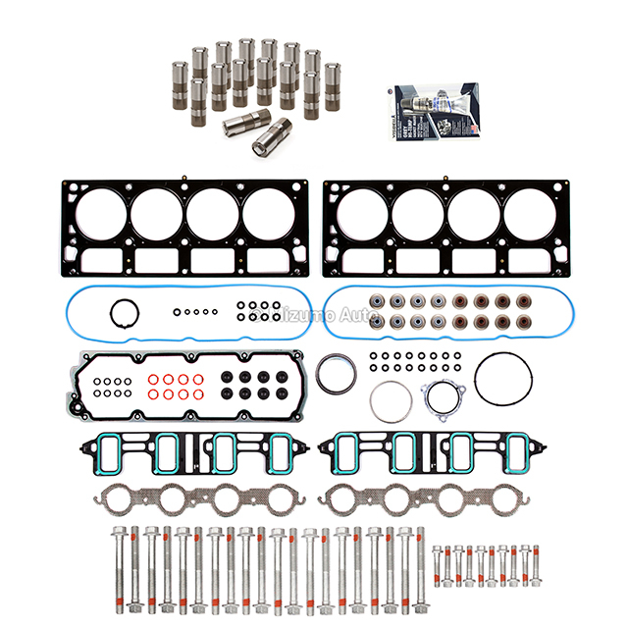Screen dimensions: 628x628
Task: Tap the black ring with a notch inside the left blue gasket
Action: pos(123,314)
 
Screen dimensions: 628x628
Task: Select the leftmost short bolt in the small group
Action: pos(437,560)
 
